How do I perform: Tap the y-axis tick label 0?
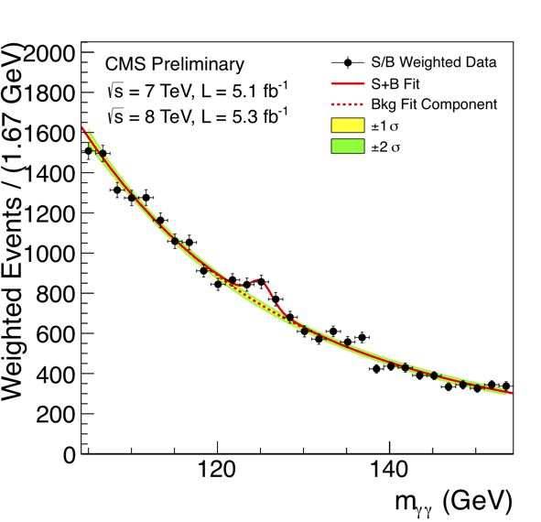click(69, 453)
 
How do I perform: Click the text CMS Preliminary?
click(175, 64)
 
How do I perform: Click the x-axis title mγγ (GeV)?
click(436, 502)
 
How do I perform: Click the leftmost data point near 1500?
click(89, 151)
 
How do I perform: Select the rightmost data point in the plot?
click(506, 386)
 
